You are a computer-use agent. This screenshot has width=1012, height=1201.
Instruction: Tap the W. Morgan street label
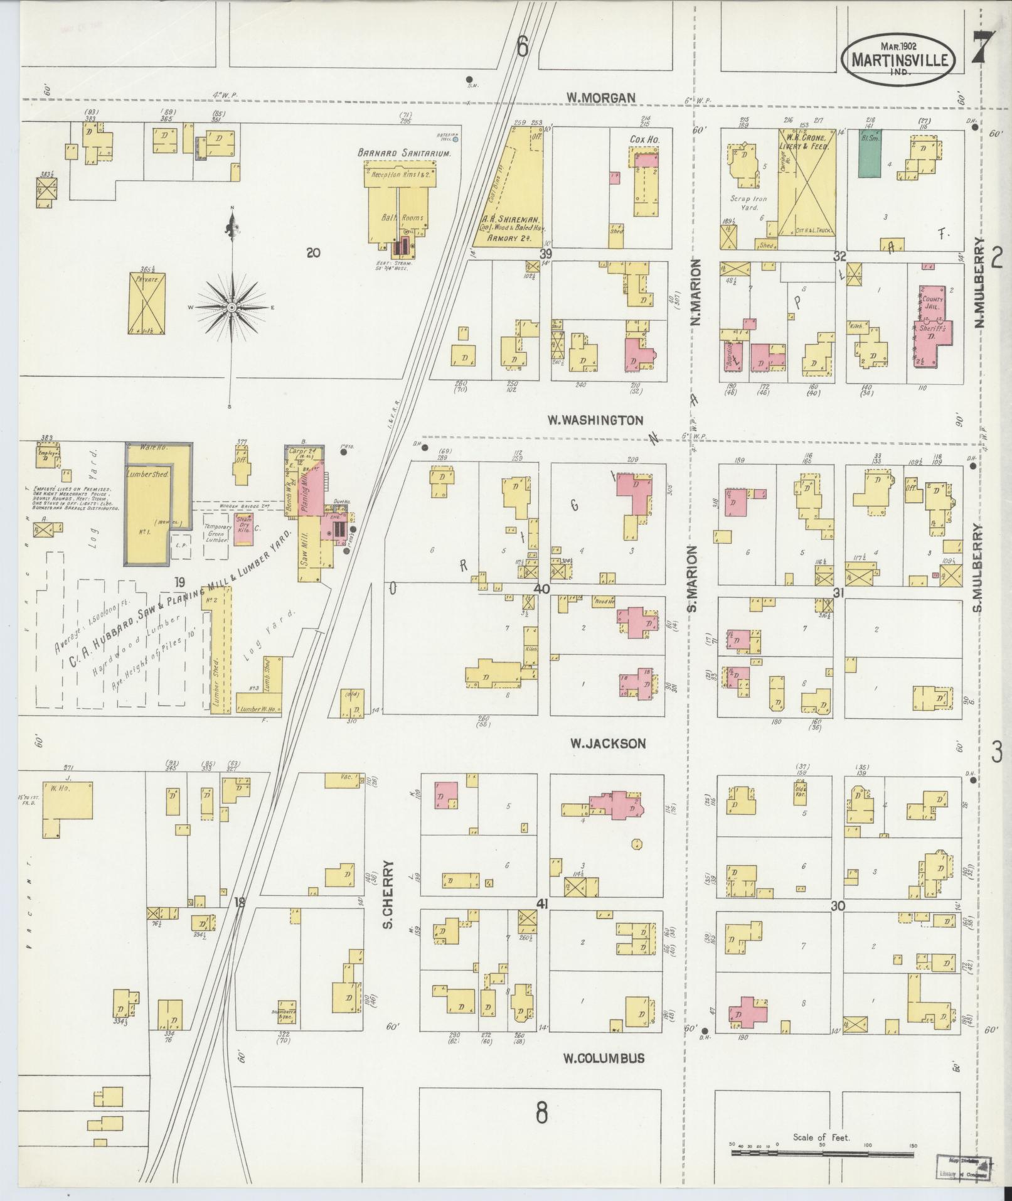pyautogui.click(x=601, y=97)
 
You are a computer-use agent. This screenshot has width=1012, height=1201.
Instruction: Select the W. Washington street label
pyautogui.click(x=595, y=420)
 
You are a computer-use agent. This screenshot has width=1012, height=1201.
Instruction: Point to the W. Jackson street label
pyautogui.click(x=607, y=743)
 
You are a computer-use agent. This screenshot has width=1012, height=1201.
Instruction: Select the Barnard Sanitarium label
pyautogui.click(x=405, y=153)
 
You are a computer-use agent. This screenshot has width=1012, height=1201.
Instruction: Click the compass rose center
pyautogui.click(x=232, y=307)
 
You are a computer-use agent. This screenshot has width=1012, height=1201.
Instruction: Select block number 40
pyautogui.click(x=541, y=589)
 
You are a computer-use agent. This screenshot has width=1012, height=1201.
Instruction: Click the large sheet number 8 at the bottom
pyautogui.click(x=541, y=1113)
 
